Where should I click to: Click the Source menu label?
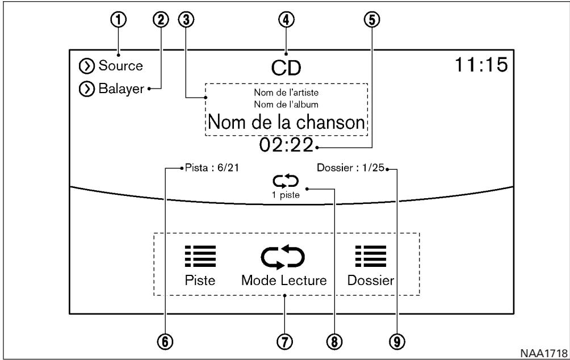coord(121,66)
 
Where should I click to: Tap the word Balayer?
coord(121,89)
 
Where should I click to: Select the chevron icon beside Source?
coord(86,66)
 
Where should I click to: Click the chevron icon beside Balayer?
coord(86,90)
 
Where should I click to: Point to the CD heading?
coord(286,68)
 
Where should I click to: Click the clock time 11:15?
coord(481,65)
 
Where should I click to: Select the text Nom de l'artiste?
coord(286,93)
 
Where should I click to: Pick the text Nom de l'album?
coord(286,104)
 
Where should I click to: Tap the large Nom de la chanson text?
coord(286,122)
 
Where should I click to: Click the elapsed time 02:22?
coord(286,145)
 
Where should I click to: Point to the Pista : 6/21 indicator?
coord(212,168)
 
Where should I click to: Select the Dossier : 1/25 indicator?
coord(350,168)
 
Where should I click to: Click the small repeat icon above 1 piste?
coord(286,181)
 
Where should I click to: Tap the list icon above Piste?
coord(200,256)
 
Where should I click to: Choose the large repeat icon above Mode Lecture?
coord(283,257)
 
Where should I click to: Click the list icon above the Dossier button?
coord(371,256)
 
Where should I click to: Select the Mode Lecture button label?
coord(284,281)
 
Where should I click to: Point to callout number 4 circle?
coord(286,20)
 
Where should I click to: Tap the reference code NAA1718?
coord(544,353)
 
